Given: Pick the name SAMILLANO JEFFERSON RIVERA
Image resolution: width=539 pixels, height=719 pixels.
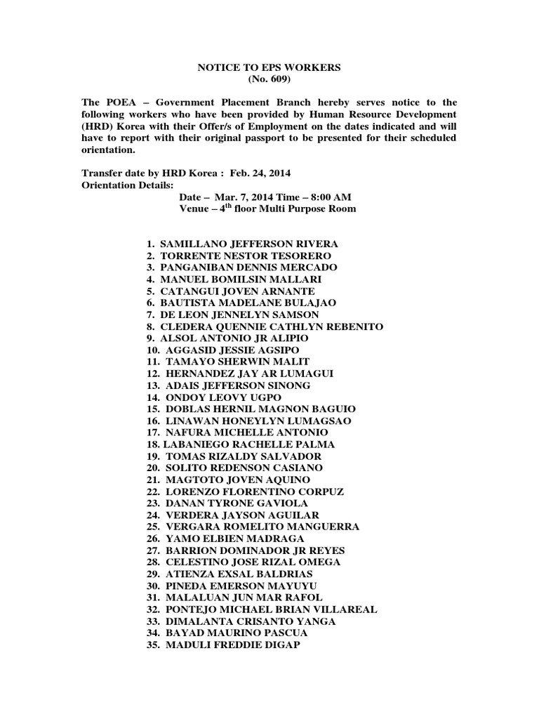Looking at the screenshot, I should coord(250,244).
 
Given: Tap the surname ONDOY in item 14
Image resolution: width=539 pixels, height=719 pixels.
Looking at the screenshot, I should coord(183,397).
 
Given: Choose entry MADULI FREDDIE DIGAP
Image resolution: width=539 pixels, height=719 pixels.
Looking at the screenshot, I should coord(233,645).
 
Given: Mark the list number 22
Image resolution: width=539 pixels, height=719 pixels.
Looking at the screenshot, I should coord(154,492).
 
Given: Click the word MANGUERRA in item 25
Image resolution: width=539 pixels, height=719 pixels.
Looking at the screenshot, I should coord(316,527).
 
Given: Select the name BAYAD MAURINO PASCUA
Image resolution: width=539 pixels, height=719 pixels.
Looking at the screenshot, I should coord(237,633).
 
